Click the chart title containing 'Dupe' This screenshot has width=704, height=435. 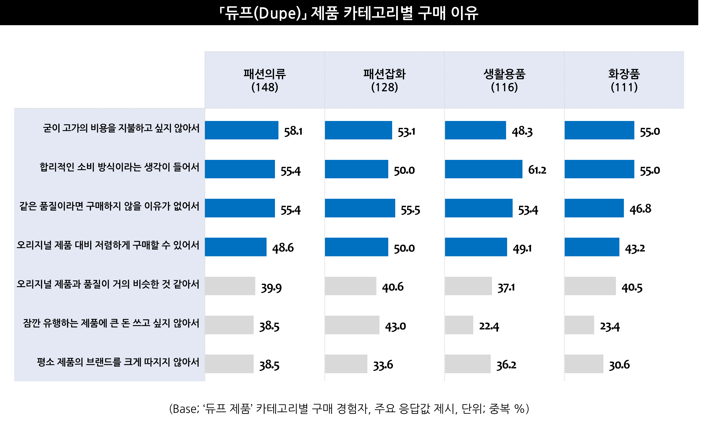point(348,13)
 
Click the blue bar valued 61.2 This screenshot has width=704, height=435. point(484,169)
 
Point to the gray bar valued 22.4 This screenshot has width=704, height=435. point(459,325)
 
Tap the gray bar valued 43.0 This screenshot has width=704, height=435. point(352,325)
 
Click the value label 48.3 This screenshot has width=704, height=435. point(522,131)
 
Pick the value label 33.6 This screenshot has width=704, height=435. point(383,365)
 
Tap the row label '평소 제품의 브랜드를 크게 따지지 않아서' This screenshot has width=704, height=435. point(118,362)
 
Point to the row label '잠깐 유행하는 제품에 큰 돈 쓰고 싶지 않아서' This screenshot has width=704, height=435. point(111,323)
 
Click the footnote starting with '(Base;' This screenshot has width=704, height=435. point(349,409)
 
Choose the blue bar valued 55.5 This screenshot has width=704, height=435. point(360,208)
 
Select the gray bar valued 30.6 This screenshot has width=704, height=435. point(584,364)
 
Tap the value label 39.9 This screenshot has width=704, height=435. point(271,288)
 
